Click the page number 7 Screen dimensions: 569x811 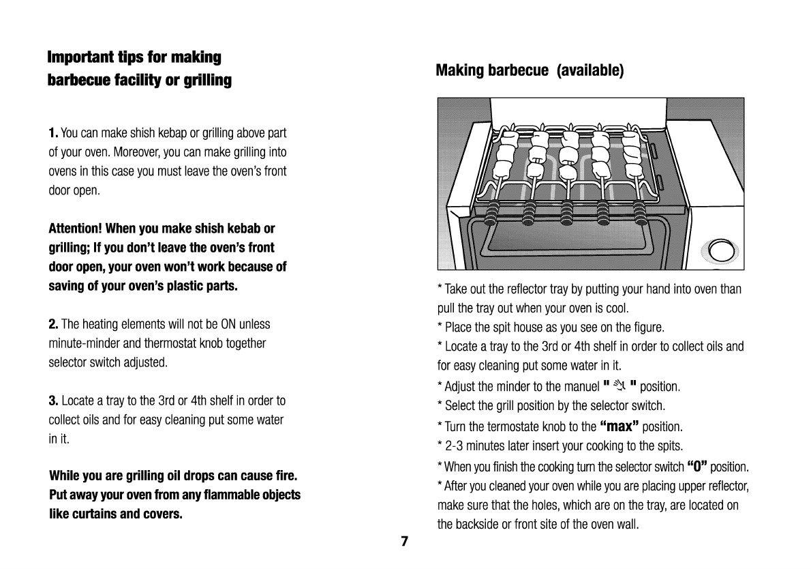point(404,542)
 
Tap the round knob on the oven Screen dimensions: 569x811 point(721,251)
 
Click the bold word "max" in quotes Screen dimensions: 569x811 point(619,427)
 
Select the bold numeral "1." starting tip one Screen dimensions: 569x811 point(53,132)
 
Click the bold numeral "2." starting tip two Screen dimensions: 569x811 point(53,324)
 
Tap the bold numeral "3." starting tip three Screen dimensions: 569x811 point(53,400)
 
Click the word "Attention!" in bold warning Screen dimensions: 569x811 point(76,228)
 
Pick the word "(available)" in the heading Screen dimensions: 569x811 point(590,70)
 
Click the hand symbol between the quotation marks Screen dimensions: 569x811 point(619,386)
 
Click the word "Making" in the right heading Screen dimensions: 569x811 point(459,70)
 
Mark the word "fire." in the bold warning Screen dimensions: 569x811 point(284,475)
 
